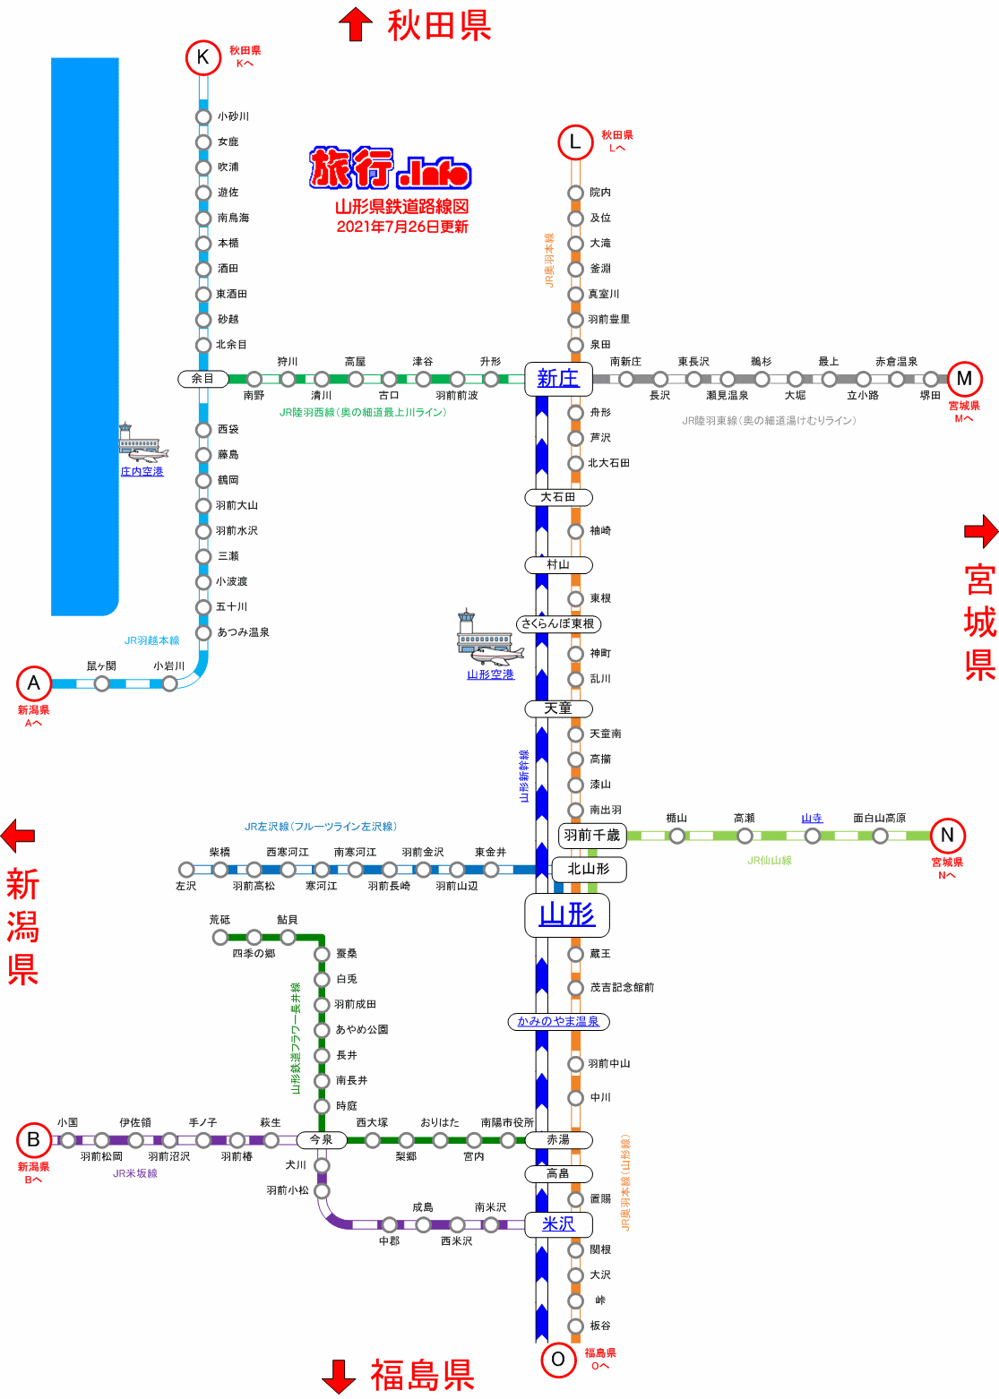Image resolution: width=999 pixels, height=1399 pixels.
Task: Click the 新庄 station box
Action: point(558,379)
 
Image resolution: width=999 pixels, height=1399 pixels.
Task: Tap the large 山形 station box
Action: point(567,914)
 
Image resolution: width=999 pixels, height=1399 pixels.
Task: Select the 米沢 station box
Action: point(558,1224)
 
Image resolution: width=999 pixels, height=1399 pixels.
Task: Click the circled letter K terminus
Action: point(203,58)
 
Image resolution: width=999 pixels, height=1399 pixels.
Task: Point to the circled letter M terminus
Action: point(964,379)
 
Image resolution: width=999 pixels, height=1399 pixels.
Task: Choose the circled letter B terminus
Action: point(34,1140)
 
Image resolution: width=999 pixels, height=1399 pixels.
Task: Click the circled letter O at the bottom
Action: point(558,1360)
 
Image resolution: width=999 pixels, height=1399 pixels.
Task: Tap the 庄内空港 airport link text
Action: point(142,472)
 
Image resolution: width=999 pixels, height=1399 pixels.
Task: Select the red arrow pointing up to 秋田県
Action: point(356,24)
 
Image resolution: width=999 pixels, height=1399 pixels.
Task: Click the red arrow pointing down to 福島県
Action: point(339,1376)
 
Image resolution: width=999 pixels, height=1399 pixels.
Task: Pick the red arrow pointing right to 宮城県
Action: point(981,531)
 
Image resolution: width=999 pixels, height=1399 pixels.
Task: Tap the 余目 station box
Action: point(203,379)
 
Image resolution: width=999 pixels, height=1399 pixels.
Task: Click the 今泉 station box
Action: point(322,1140)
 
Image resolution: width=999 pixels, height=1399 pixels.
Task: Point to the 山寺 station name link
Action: point(812,818)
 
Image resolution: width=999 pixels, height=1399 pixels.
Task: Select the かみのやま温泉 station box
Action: point(558,1021)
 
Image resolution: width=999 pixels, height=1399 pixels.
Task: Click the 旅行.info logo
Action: point(391,167)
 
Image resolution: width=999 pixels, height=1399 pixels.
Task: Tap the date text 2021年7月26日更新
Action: point(402,227)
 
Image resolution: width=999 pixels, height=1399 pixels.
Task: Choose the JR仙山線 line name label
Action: point(770,861)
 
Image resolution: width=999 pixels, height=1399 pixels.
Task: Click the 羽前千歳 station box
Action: point(592,836)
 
